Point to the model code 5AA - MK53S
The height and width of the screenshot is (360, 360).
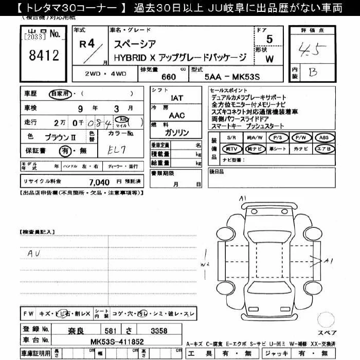coord(231,77)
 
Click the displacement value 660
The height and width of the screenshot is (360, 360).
coord(168,77)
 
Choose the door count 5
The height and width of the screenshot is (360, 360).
coord(269,40)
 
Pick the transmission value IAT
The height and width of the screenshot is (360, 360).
coord(176,97)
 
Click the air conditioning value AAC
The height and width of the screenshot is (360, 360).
coord(176,116)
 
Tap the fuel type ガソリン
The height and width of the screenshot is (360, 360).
coord(176,133)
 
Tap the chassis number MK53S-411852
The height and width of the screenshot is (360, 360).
coord(117,341)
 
